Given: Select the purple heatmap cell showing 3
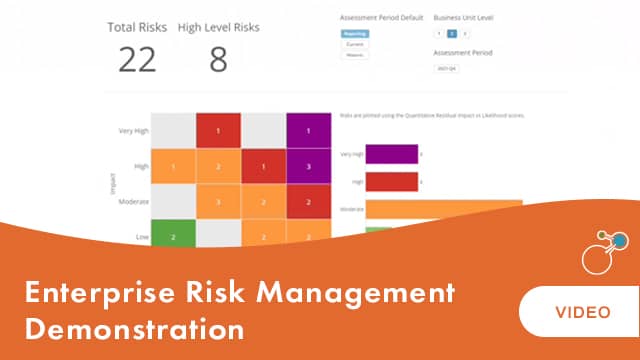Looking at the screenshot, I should (309, 166).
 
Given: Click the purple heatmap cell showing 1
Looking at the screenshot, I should (309, 131).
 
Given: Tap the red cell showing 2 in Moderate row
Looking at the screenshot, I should (309, 201).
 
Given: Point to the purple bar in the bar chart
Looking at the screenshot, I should (391, 154).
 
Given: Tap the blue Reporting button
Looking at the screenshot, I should (354, 34).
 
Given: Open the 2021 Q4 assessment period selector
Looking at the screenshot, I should (446, 68).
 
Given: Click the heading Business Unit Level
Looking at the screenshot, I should (464, 18).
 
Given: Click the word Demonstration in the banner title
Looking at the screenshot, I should (135, 327).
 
